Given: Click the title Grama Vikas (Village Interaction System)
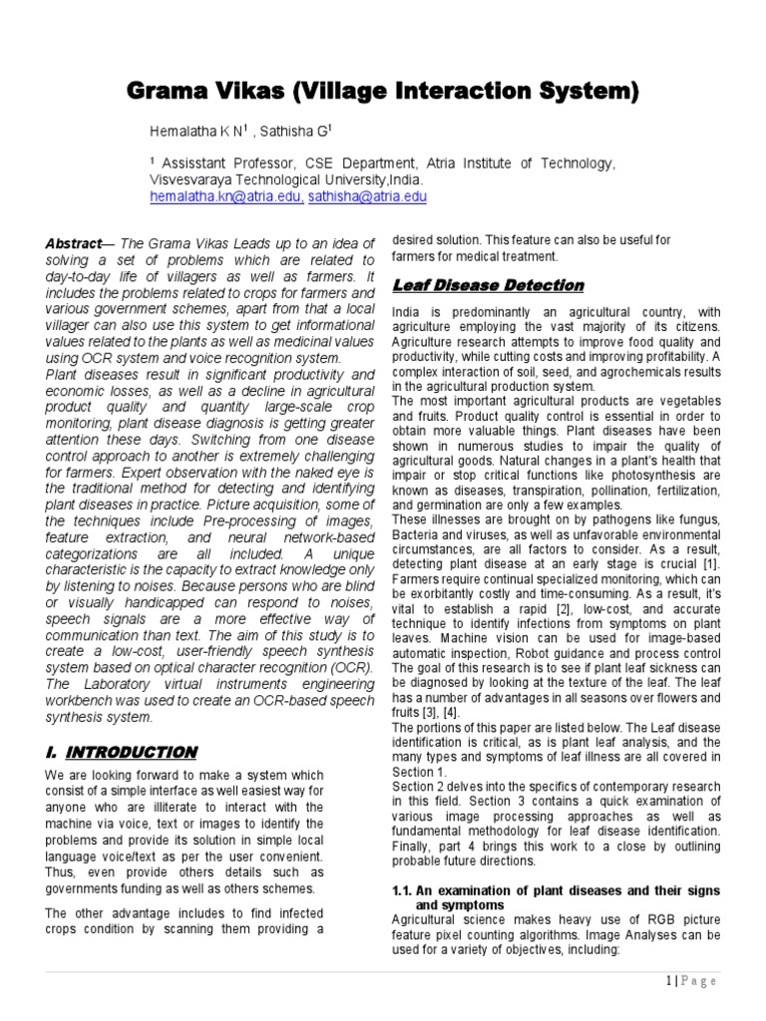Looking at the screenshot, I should [383, 92].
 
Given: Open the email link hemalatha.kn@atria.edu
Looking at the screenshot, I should [225, 197].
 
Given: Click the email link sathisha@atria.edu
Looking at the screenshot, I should [367, 197].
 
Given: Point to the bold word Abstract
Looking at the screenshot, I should [74, 244].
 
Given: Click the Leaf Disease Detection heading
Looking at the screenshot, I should [488, 286].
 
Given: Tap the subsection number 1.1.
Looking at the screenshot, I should [403, 889].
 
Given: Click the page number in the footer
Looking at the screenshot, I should [670, 981].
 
